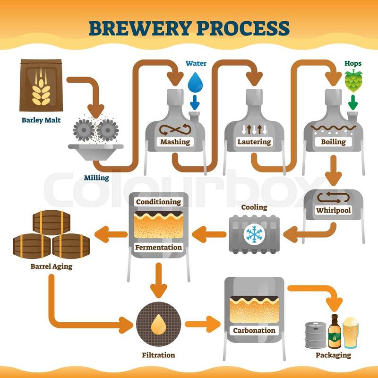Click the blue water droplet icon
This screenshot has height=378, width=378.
(194, 82)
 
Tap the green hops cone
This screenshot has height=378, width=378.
(352, 80)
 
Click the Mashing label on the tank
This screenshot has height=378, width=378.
(175, 142)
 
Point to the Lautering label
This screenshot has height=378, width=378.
(254, 142)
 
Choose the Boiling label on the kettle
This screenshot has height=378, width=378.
(334, 142)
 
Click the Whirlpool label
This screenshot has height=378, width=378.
(334, 210)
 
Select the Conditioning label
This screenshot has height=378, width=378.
(158, 202)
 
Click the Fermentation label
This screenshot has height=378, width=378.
(158, 247)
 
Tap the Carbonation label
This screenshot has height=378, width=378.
(254, 330)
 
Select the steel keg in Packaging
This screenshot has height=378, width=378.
(313, 334)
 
